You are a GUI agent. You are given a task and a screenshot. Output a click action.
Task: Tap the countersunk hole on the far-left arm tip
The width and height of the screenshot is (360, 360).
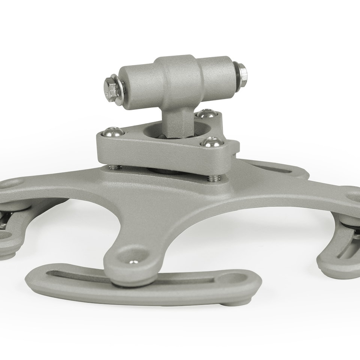point(15,183)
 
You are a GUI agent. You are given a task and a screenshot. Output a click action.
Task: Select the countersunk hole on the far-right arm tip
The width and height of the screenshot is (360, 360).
point(352,195)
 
